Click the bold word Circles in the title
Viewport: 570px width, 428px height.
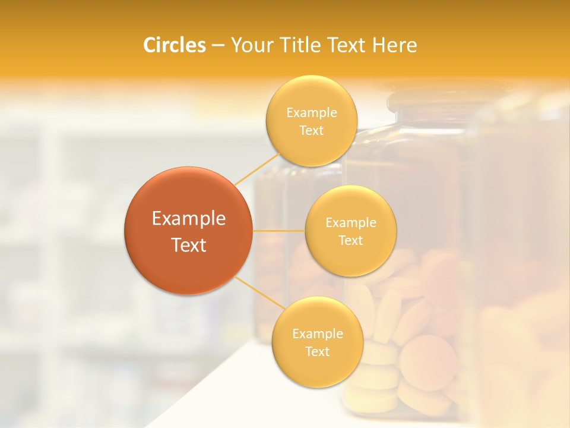click(174, 45)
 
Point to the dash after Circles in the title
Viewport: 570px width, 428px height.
click(217, 46)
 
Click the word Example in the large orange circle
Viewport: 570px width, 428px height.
click(189, 219)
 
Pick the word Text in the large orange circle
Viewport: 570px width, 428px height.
click(189, 245)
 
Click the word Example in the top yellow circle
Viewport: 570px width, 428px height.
click(311, 113)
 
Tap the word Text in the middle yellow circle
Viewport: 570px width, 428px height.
click(350, 240)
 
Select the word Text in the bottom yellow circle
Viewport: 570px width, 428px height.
click(317, 351)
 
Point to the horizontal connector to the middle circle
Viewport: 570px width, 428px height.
click(279, 231)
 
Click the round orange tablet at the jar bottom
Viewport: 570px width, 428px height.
click(428, 362)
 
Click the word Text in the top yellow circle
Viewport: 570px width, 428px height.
click(311, 131)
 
